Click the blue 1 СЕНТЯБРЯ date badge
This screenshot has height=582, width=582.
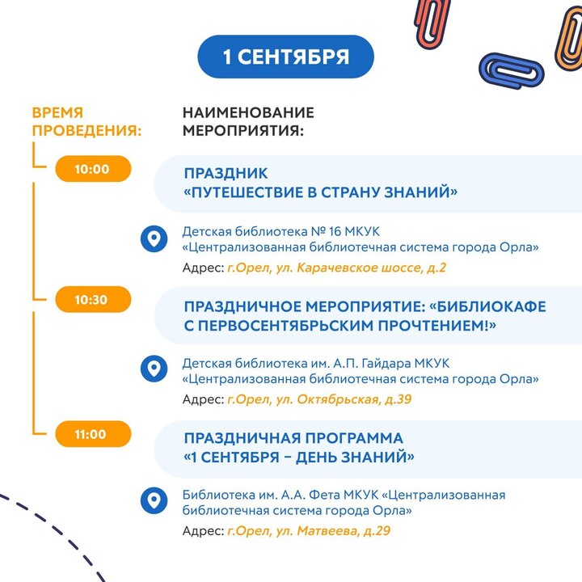pos(285,57)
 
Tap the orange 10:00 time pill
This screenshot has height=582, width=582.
pos(93,169)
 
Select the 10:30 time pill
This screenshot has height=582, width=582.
pos(93,299)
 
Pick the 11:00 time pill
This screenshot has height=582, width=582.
pos(93,434)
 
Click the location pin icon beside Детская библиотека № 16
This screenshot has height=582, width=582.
pos(154,238)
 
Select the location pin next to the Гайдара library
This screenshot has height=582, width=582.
pos(154,369)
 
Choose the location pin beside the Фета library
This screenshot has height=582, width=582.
pos(154,500)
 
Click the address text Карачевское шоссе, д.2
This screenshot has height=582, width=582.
pos(372,268)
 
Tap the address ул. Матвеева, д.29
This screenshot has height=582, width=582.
pos(333,531)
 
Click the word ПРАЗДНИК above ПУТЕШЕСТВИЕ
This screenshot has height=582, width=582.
pos(226,174)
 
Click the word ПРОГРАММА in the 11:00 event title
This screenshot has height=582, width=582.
pos(354,438)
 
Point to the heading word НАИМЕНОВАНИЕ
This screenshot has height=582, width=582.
pos(248,112)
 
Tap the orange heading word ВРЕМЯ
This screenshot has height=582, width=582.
pos(58,112)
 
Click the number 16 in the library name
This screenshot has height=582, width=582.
pos(335,232)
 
